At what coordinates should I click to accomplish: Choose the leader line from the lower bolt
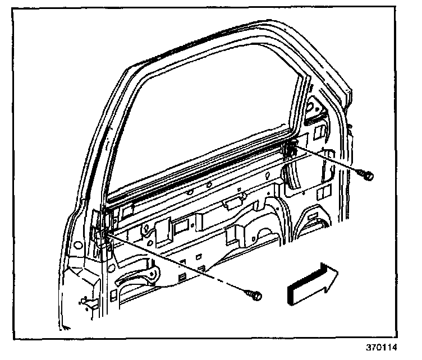[180, 264]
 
